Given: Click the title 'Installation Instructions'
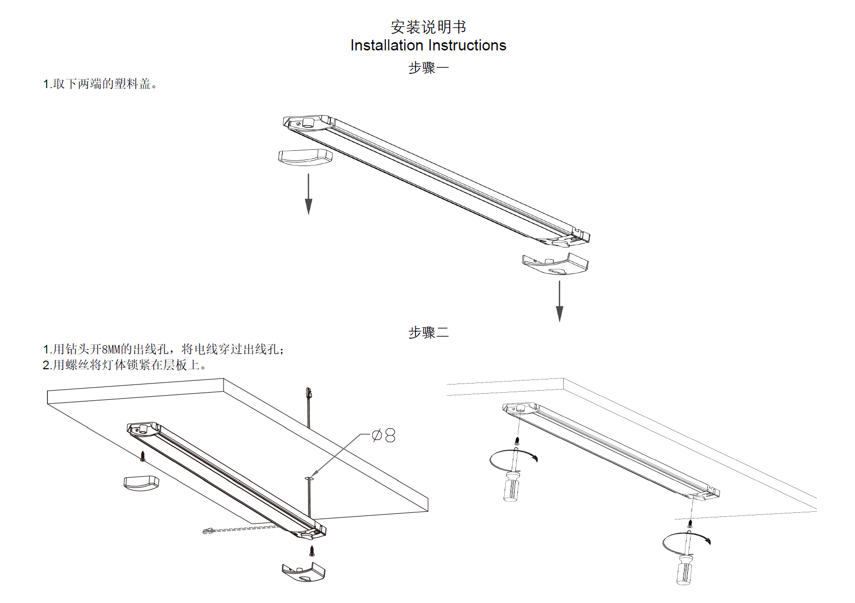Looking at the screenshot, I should click(428, 45).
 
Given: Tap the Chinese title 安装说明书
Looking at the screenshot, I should click(428, 26).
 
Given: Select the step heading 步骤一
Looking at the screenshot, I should click(428, 68).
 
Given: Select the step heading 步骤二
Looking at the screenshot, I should click(428, 333).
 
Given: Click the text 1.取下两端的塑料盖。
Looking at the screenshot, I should click(100, 84).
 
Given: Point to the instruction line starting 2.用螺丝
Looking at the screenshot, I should click(124, 365).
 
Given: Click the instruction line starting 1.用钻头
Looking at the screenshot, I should click(163, 349).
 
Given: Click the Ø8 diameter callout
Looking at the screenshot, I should click(384, 435).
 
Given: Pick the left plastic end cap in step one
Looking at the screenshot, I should click(305, 157).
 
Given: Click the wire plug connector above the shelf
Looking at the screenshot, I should click(308, 393).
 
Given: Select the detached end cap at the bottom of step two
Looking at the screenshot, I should click(304, 572).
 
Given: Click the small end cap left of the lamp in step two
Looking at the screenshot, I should click(141, 482).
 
